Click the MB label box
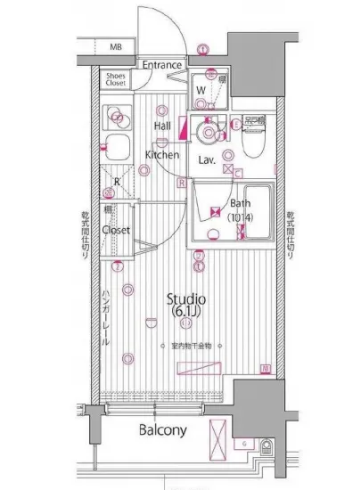click(x=115, y=46)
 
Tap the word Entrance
click(x=162, y=65)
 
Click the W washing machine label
click(x=201, y=89)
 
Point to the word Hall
click(x=162, y=127)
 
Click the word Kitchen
click(x=162, y=155)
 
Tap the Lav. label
click(x=207, y=160)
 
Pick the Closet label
click(x=116, y=229)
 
